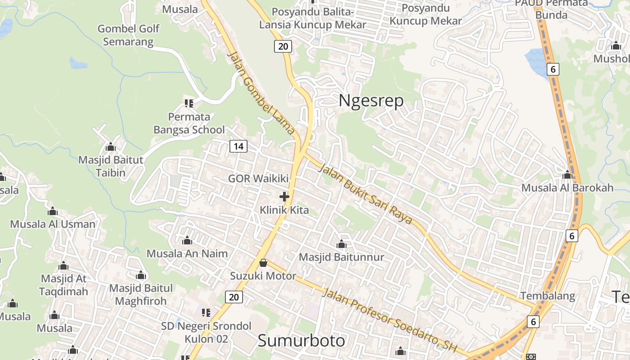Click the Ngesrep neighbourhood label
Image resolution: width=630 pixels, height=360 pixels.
(x=371, y=101)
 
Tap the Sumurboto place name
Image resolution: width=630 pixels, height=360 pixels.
(x=301, y=340)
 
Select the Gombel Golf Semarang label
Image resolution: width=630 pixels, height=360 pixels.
(x=128, y=35)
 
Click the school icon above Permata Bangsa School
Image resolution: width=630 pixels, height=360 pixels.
(x=189, y=103)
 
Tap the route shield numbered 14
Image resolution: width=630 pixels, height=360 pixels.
(x=238, y=146)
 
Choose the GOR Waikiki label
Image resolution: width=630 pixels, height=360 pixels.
(x=258, y=178)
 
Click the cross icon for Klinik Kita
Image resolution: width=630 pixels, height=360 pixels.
(x=284, y=197)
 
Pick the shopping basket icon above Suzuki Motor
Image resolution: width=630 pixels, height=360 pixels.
(x=263, y=263)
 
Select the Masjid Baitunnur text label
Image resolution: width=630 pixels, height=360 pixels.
(x=342, y=257)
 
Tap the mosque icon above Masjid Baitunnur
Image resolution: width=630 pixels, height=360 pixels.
(x=342, y=244)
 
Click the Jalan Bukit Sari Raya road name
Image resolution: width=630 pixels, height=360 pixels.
(x=365, y=194)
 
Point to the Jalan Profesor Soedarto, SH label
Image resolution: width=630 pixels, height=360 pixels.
(x=390, y=320)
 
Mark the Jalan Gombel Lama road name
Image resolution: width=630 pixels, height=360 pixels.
(x=261, y=93)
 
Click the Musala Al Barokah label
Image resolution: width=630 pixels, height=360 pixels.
(x=567, y=188)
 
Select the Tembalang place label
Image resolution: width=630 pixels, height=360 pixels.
(x=548, y=296)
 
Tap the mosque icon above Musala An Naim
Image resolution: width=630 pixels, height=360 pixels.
(x=187, y=241)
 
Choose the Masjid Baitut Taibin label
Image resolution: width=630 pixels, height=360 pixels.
(x=111, y=166)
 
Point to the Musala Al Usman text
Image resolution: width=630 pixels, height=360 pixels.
(x=53, y=224)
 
